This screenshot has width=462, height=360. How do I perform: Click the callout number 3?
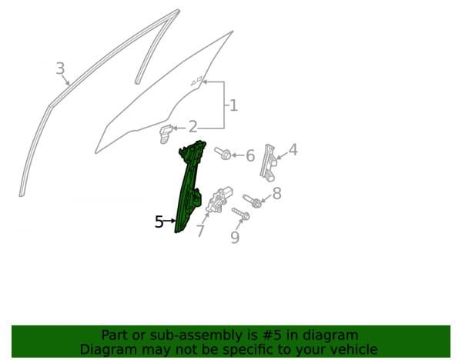(x=60, y=68)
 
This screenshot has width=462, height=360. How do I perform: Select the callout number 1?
(x=233, y=105)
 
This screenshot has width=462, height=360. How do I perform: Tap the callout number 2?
(x=192, y=127)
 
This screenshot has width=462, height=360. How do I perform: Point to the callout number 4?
(x=293, y=149)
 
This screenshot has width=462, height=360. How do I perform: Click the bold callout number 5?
(x=159, y=222)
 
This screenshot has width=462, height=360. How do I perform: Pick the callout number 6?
(x=250, y=155)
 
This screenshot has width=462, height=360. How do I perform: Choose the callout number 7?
(x=201, y=231)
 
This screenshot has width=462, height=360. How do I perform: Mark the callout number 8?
(x=276, y=194)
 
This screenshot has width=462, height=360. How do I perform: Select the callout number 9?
(x=235, y=238)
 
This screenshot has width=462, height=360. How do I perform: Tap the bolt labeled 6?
(x=223, y=153)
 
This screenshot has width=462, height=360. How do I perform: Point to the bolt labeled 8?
(x=253, y=201)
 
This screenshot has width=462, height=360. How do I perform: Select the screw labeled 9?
(x=241, y=214)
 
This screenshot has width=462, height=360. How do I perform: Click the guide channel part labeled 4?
(x=269, y=162)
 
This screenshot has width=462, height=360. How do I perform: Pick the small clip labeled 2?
(x=166, y=134)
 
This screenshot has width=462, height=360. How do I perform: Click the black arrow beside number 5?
(x=169, y=221)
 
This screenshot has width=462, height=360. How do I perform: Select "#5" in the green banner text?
(x=271, y=335)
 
